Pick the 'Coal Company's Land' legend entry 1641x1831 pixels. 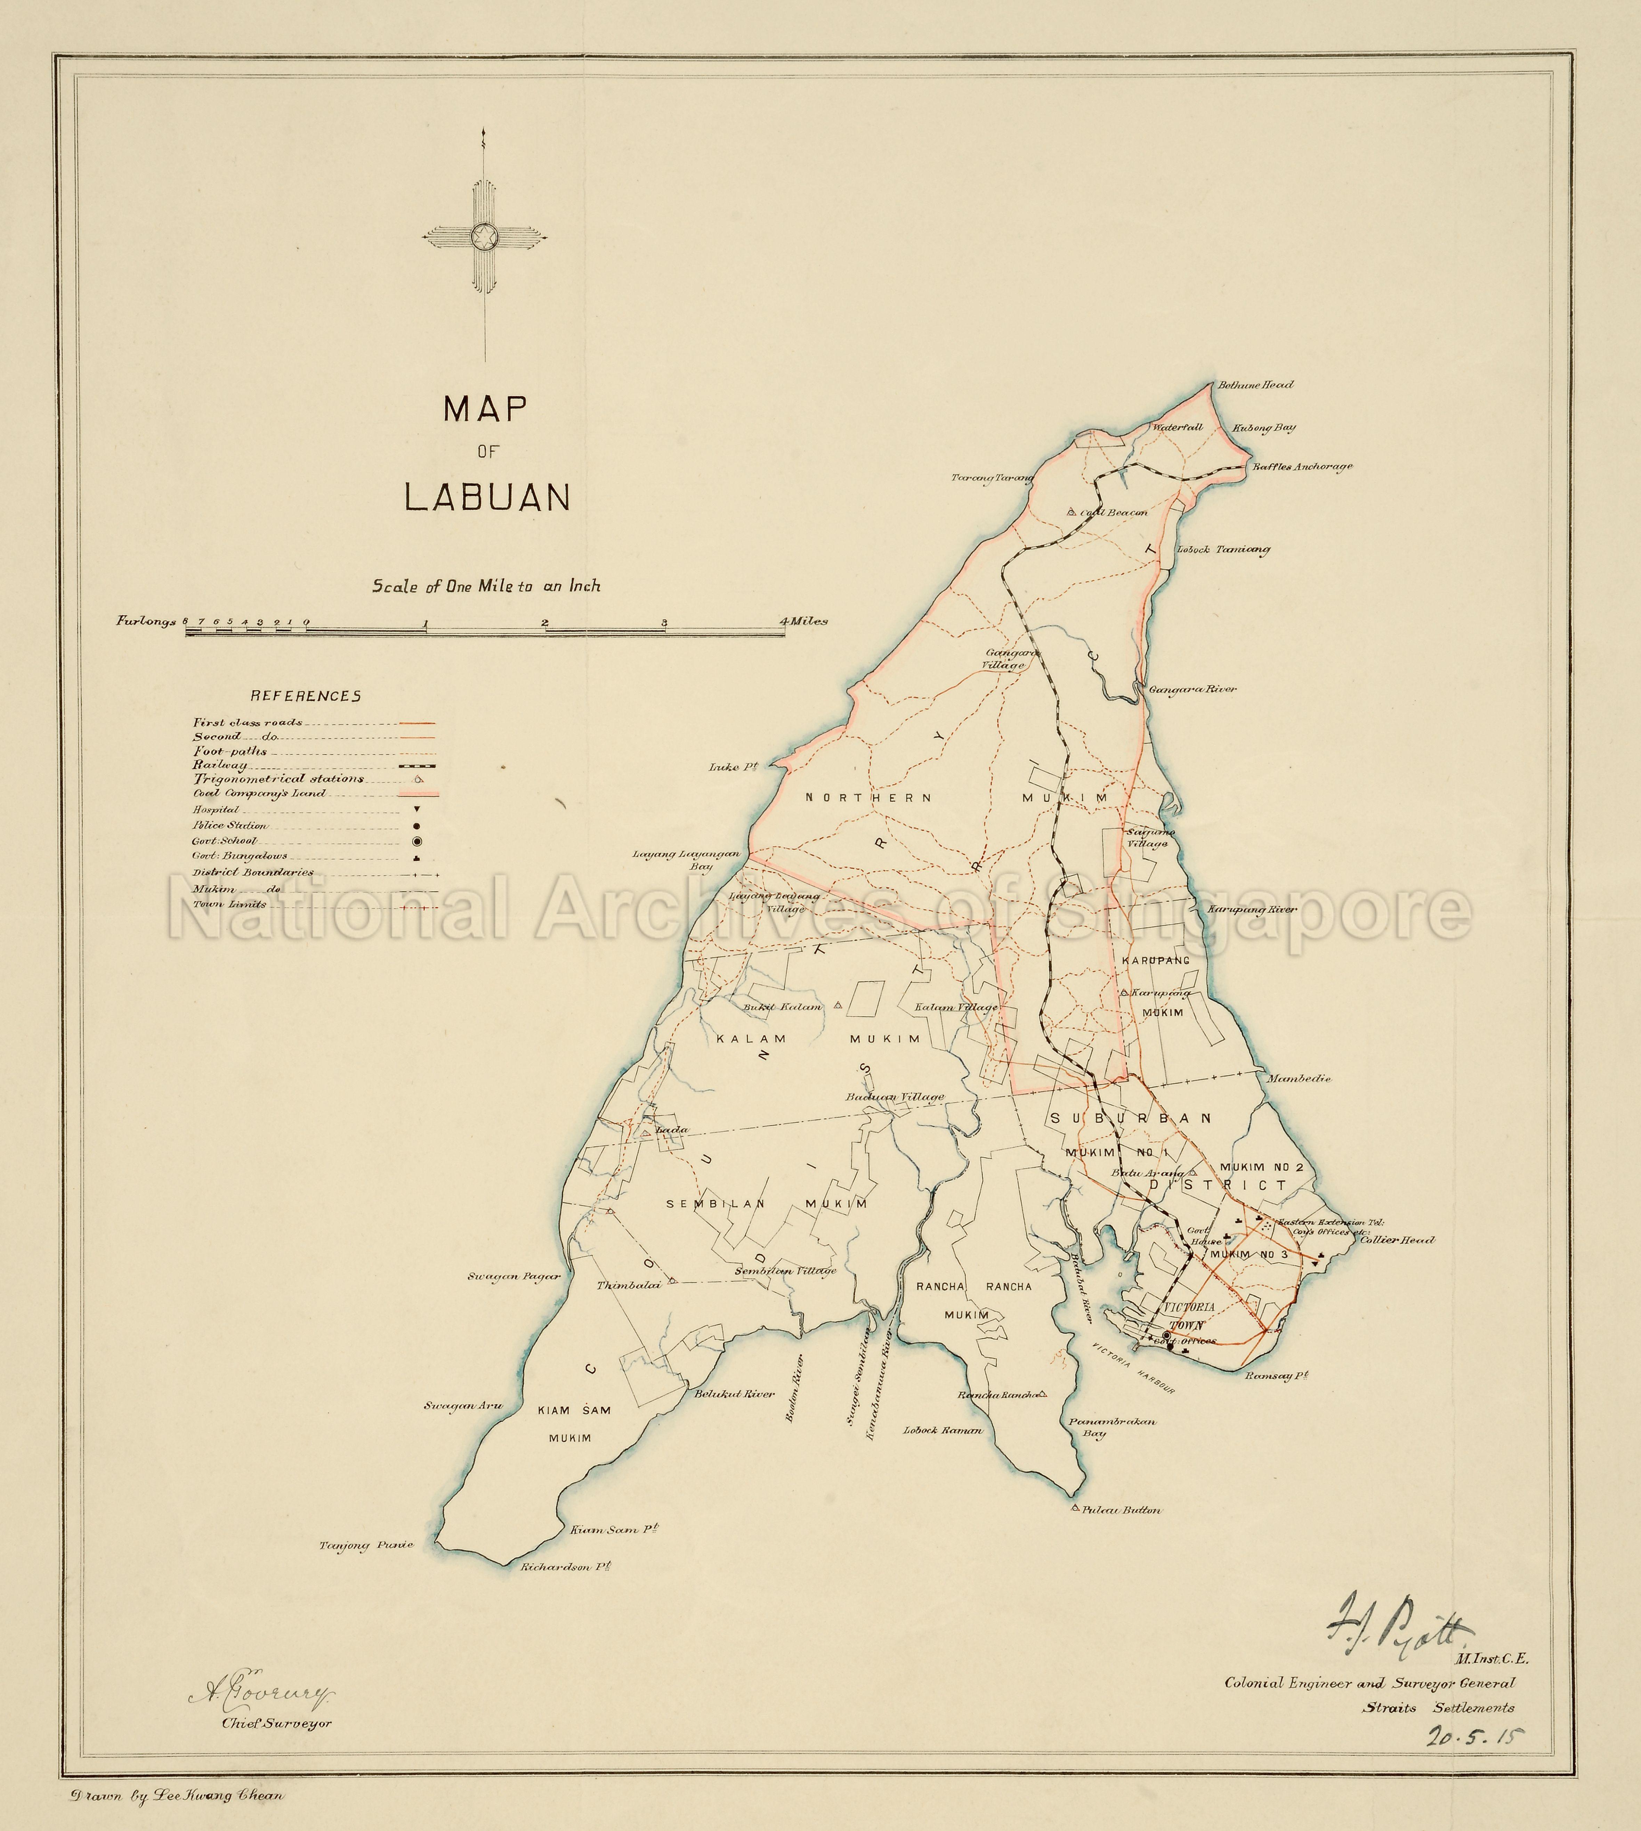tap(259, 794)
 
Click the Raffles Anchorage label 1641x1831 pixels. tap(1302, 467)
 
